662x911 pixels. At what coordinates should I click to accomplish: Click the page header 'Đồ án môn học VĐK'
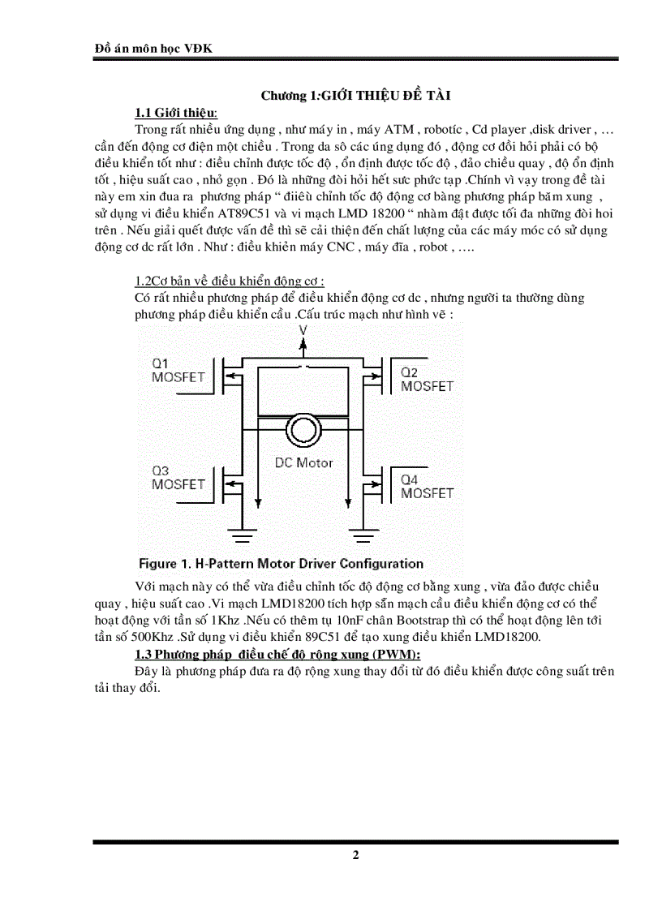153,48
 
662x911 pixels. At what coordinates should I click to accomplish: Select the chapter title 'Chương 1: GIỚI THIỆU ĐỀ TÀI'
355,96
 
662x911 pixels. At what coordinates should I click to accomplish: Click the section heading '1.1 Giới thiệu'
176,112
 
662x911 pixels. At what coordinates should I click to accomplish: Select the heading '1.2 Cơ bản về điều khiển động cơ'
230,281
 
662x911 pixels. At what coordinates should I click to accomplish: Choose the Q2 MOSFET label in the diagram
426,379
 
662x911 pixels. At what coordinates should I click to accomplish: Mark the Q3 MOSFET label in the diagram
178,477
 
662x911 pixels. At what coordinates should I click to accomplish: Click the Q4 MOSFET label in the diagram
427,486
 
